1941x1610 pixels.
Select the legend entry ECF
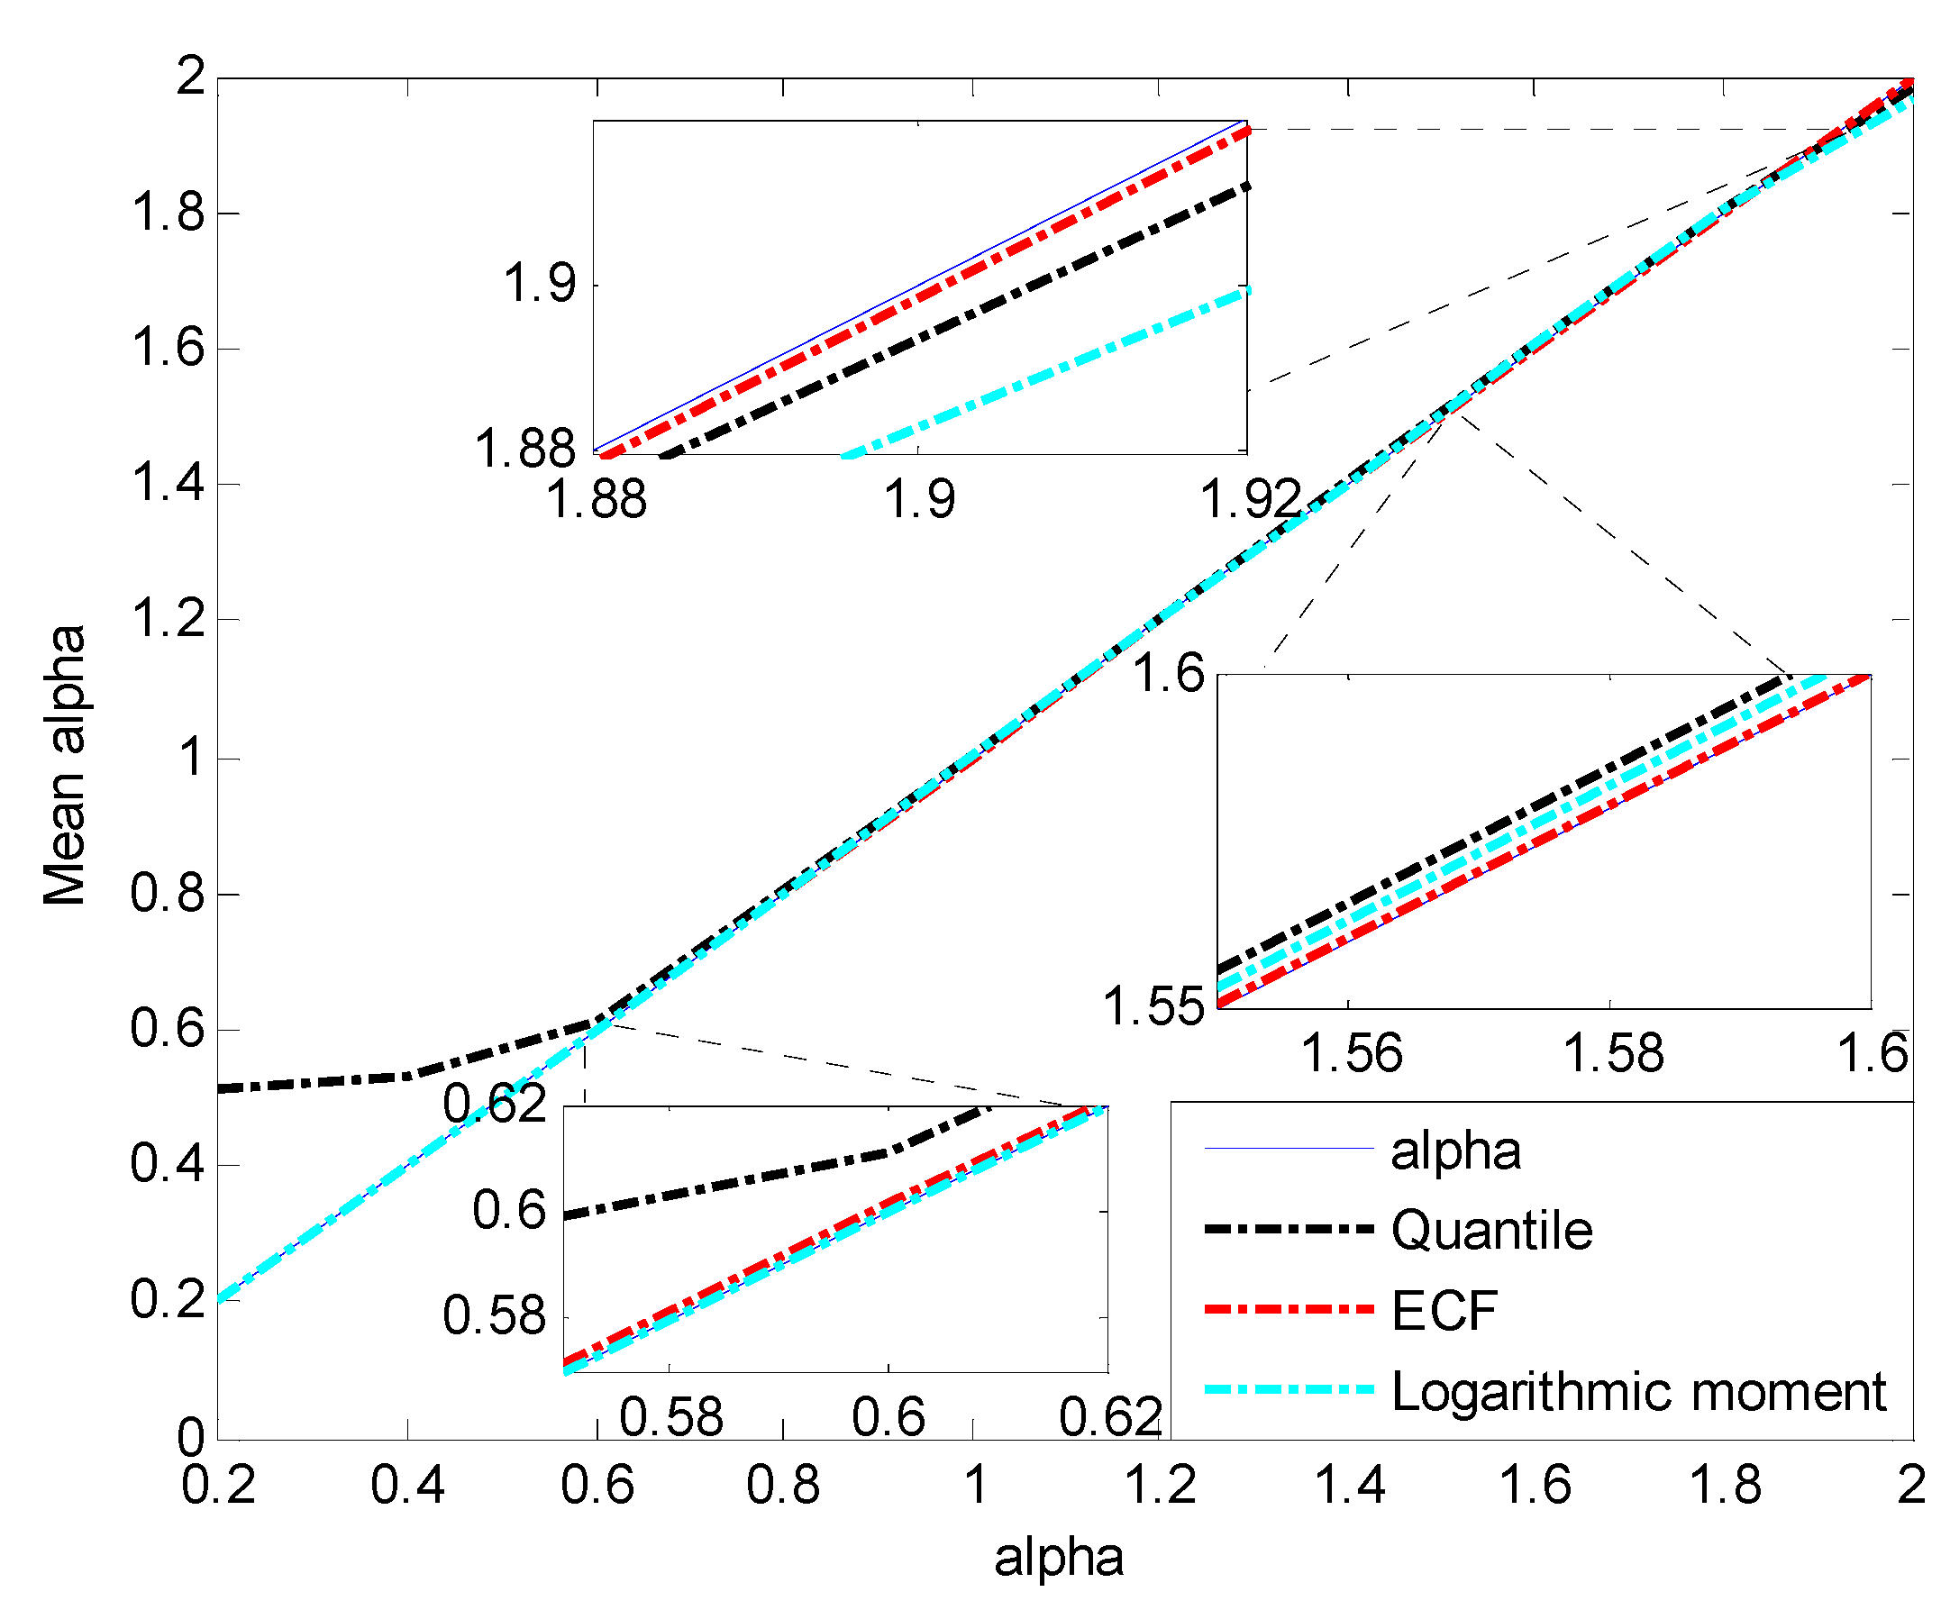[x=1444, y=1311]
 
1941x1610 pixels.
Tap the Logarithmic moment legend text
[x=1638, y=1391]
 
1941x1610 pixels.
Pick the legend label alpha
[x=1456, y=1151]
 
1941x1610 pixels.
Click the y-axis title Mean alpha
[x=65, y=764]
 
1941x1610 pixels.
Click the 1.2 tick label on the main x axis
[x=1160, y=1486]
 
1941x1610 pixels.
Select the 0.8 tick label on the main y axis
[x=167, y=894]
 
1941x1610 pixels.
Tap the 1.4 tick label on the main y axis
[x=167, y=484]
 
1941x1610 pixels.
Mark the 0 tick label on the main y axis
[x=190, y=1438]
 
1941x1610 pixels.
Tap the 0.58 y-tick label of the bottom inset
[x=495, y=1316]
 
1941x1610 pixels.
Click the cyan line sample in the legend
[x=1289, y=1389]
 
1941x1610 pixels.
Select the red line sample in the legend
[x=1289, y=1310]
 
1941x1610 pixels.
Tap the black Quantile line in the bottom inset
[x=740, y=1182]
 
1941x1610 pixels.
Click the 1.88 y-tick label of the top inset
[x=524, y=450]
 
